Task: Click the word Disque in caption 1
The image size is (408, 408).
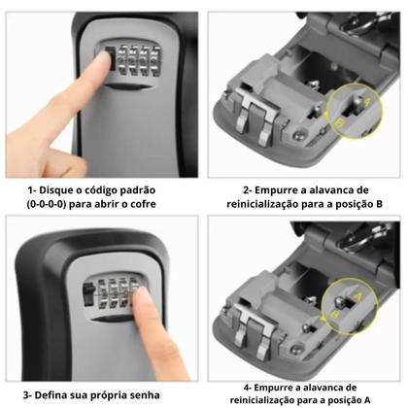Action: tap(56, 190)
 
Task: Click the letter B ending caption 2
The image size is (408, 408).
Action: tap(379, 204)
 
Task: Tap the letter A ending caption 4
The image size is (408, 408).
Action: tap(367, 400)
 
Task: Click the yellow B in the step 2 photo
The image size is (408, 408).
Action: tap(339, 122)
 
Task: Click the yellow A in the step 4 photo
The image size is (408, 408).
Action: tap(357, 295)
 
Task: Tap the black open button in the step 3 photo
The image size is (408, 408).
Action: tap(88, 293)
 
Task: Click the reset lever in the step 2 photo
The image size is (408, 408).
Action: tap(357, 104)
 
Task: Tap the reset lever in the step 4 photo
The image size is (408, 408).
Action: tap(340, 303)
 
